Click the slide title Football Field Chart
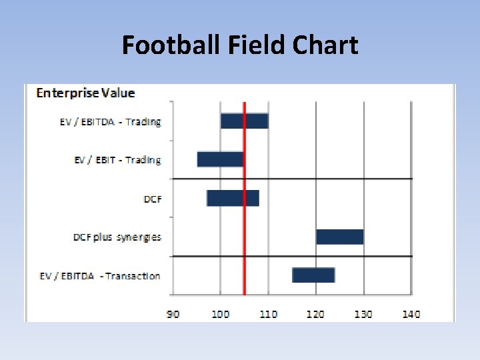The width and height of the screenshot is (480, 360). (240, 45)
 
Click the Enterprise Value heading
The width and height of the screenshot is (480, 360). (85, 93)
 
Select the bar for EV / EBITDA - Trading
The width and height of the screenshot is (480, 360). (244, 121)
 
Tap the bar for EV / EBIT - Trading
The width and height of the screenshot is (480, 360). (220, 159)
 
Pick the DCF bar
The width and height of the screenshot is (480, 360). (233, 198)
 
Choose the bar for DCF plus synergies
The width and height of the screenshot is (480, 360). (339, 237)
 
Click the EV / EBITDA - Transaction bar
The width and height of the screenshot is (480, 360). (313, 275)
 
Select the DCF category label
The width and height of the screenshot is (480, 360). (153, 199)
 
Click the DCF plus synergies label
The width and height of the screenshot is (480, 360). (117, 237)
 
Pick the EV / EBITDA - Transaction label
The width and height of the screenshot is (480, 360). (109, 276)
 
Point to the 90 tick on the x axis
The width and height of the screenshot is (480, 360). (173, 314)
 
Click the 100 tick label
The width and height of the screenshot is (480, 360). (221, 314)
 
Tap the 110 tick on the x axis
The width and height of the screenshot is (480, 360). (268, 314)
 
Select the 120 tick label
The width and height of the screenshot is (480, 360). (315, 314)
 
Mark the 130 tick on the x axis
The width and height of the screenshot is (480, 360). (363, 314)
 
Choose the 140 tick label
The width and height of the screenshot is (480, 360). (411, 314)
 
